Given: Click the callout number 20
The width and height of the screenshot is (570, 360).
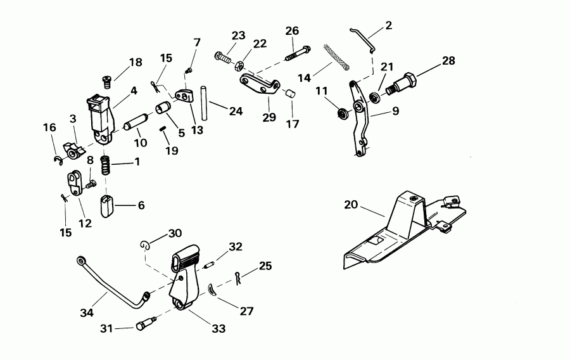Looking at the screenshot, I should coord(352,205).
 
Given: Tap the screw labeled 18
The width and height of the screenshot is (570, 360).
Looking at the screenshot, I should coord(108,80).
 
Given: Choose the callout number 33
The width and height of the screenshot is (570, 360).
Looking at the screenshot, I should coord(218,329).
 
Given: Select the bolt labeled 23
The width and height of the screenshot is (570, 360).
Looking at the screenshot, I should coord(224,58).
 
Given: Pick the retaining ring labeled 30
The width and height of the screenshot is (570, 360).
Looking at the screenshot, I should coord(145,245).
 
